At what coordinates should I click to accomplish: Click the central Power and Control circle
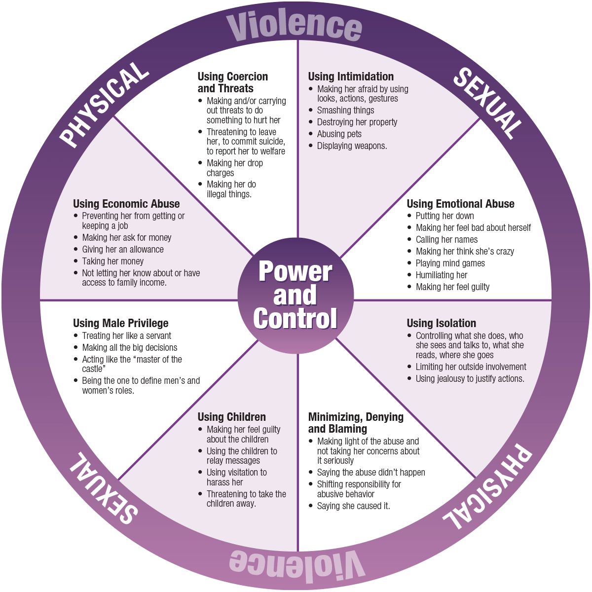[296, 296]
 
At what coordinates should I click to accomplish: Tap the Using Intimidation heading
[351, 76]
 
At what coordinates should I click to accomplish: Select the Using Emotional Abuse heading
[460, 204]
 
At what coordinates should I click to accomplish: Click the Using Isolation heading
[441, 323]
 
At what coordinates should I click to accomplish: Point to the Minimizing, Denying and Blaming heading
[356, 423]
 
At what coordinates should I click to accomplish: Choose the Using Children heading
[231, 417]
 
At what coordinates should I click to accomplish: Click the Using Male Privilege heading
[120, 323]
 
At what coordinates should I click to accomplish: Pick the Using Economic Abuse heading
[126, 204]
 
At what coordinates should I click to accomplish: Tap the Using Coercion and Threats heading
[232, 82]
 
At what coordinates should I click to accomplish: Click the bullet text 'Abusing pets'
[339, 134]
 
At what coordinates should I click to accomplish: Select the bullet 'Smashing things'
[345, 110]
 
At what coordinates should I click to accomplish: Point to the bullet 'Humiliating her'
[441, 275]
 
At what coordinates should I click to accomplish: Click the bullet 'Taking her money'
[112, 261]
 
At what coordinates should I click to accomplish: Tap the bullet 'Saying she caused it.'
[353, 506]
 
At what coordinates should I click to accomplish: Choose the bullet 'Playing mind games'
[450, 263]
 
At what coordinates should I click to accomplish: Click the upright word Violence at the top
[295, 26]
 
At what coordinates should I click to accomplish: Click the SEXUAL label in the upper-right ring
[486, 104]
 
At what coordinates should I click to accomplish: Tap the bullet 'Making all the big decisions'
[129, 347]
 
